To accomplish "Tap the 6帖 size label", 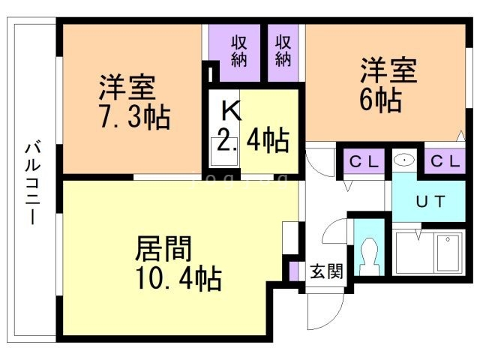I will (x=379, y=100).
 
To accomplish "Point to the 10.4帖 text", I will (x=178, y=279).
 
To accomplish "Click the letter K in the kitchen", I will (x=230, y=112).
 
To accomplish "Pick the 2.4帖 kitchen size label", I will (x=253, y=140).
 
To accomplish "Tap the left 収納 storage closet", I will (x=238, y=52).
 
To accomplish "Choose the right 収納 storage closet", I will (x=283, y=52).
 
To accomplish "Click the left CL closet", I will (x=363, y=160).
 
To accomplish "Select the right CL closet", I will (x=445, y=160).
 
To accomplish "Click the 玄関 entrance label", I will (x=327, y=271).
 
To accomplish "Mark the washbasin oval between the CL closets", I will (x=405, y=160).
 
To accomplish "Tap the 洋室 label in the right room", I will (x=388, y=70).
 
